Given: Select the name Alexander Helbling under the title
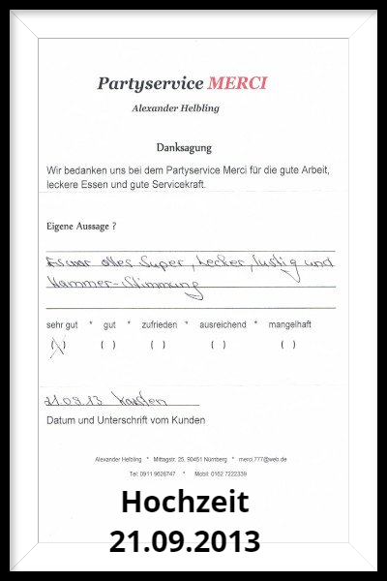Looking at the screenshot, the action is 176,108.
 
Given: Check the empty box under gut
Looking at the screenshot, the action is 108,345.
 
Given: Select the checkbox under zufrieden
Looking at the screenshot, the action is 159,345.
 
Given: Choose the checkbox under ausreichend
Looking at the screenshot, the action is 218,345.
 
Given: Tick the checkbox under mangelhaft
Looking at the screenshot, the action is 287,345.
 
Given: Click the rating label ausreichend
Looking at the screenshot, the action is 223,324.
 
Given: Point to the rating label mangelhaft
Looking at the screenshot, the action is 289,324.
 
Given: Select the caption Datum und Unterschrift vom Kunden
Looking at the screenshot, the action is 126,420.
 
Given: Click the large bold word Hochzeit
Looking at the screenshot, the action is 185,503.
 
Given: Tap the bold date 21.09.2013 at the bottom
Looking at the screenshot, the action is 185,539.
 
